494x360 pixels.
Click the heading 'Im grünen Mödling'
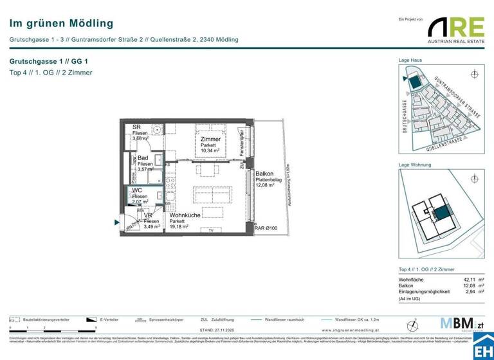[x=53, y=23]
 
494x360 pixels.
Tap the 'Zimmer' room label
[x=210, y=139]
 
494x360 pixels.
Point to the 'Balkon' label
[x=264, y=174]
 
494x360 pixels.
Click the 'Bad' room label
[x=142, y=158]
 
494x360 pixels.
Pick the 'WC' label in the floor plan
[x=138, y=191]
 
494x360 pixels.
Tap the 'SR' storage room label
[x=137, y=127]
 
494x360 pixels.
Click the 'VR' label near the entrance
[x=148, y=215]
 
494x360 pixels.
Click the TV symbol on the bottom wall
[x=210, y=230]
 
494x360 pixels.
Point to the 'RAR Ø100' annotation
[x=266, y=228]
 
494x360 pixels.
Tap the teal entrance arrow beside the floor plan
[x=117, y=222]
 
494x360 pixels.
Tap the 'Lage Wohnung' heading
[x=415, y=165]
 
